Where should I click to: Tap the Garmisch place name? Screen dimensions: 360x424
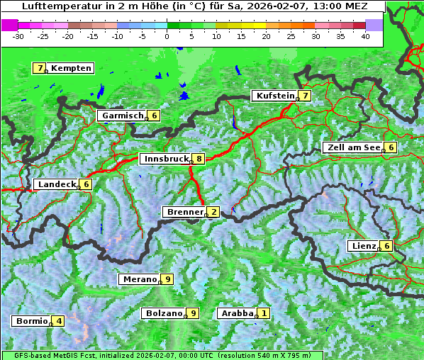click(x=123, y=116)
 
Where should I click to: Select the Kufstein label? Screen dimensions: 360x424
click(x=275, y=96)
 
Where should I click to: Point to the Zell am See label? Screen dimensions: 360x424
click(x=352, y=147)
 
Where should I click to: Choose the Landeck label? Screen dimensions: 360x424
click(x=57, y=184)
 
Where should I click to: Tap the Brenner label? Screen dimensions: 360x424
click(x=185, y=212)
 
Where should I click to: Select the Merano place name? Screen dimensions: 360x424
click(x=140, y=279)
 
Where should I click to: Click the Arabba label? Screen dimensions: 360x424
click(x=237, y=313)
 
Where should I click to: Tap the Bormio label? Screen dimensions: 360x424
click(x=32, y=321)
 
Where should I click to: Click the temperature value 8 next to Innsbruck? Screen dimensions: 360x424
click(x=200, y=159)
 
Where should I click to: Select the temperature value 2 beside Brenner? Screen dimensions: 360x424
click(x=213, y=212)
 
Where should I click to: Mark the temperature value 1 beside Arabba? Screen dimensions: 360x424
click(x=264, y=313)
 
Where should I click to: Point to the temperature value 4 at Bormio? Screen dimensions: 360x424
click(x=59, y=321)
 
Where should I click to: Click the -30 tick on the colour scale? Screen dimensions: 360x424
click(x=18, y=35)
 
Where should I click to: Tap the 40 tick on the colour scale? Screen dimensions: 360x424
click(x=365, y=35)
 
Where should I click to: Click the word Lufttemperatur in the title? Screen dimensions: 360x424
click(x=55, y=6)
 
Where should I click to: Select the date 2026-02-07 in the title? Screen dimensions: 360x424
click(x=273, y=6)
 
